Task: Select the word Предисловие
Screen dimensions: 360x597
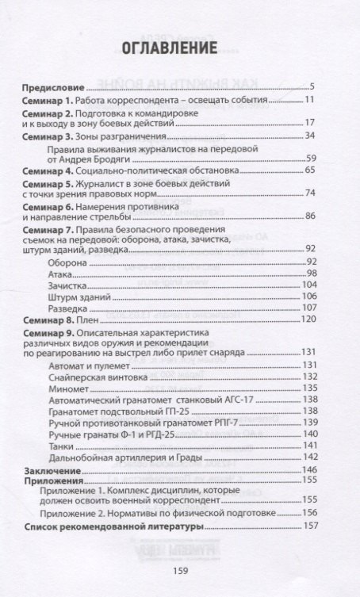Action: pyautogui.click(x=50, y=86)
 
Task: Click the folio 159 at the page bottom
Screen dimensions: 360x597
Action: pyautogui.click(x=181, y=568)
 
